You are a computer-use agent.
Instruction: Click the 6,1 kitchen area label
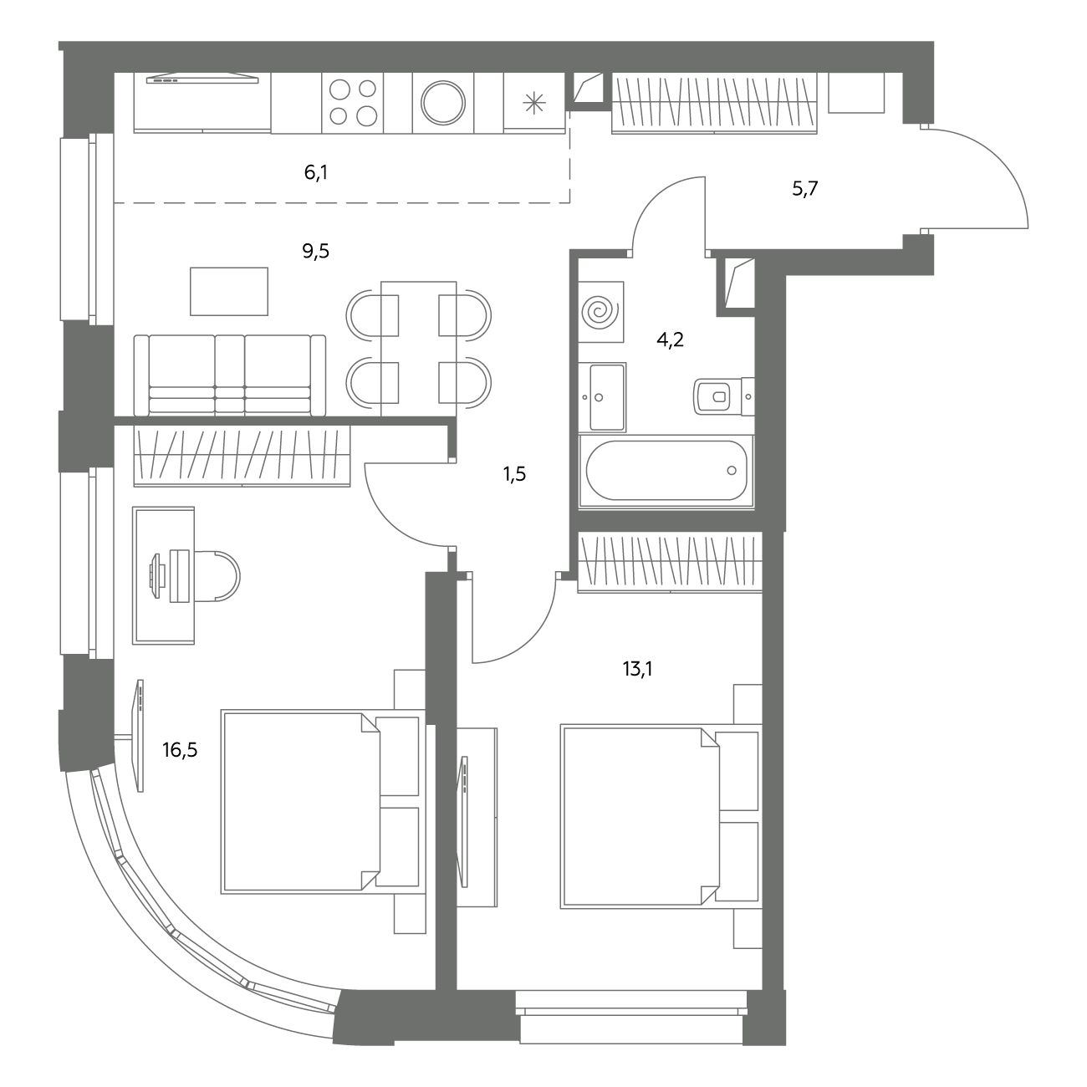point(316,173)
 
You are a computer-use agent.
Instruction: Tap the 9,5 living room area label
point(316,251)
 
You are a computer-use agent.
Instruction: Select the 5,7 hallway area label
point(805,189)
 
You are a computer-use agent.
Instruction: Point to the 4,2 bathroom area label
point(670,339)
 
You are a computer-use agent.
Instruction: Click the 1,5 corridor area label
point(515,474)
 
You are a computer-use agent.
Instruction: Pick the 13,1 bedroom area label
point(637,669)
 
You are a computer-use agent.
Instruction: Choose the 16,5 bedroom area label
point(180,750)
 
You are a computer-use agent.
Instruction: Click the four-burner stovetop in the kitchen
point(353,103)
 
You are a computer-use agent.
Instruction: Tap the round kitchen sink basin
point(443,103)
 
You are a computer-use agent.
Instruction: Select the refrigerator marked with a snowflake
point(534,103)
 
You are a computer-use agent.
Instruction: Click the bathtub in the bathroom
point(666,471)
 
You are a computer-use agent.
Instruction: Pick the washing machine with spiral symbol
point(601,312)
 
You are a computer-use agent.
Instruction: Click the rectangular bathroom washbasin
point(602,397)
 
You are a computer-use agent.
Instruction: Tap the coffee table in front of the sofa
point(229,292)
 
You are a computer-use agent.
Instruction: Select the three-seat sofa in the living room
point(230,375)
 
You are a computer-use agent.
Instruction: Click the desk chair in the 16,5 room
point(217,576)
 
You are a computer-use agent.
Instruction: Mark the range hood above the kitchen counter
point(202,78)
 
